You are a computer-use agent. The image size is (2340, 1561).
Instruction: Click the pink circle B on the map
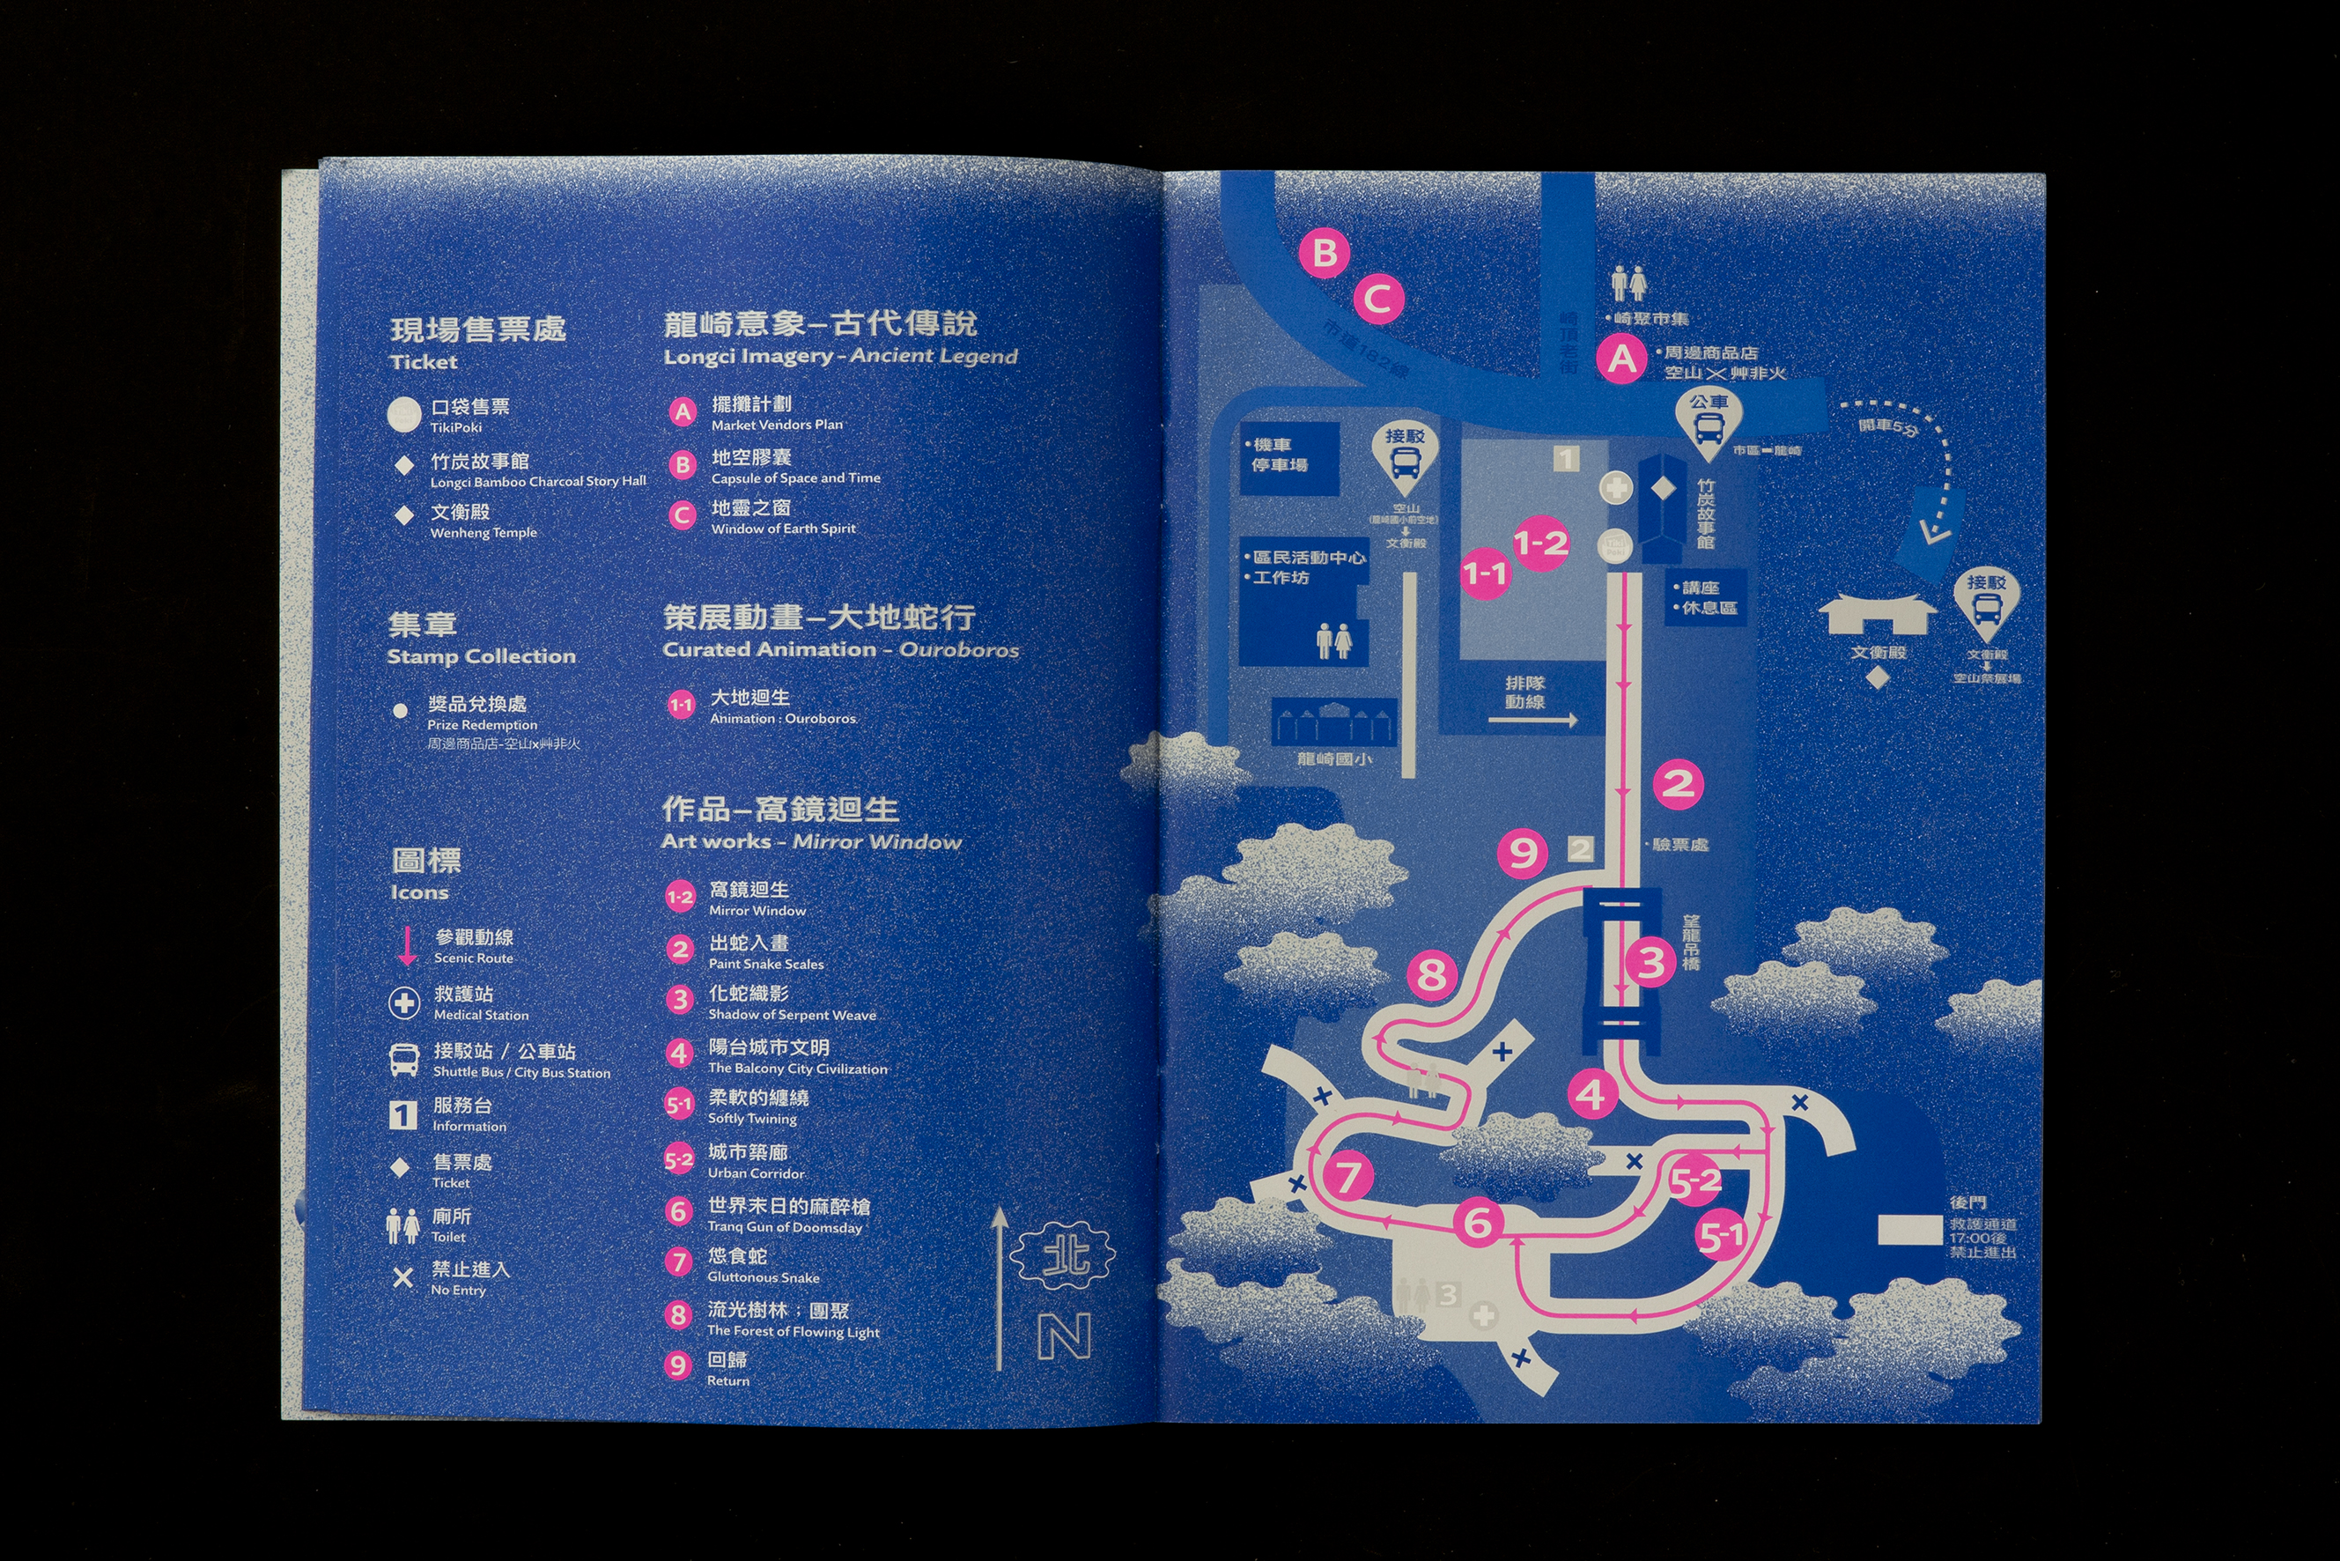[1325, 253]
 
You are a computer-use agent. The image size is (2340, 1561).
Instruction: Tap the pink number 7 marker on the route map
[1347, 1176]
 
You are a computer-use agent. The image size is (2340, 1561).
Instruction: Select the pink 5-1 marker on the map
[1721, 1237]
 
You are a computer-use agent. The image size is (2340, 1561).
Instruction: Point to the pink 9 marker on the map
[1523, 852]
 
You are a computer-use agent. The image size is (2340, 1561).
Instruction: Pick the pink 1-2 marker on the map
[1540, 543]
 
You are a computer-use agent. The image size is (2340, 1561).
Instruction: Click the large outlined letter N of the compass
[1064, 1336]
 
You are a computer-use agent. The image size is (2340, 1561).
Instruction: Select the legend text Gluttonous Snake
[764, 1277]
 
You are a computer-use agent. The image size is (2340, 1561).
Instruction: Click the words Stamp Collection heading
[481, 656]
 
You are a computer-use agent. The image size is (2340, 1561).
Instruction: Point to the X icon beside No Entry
[403, 1277]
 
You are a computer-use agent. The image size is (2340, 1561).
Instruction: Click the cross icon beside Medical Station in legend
[404, 1003]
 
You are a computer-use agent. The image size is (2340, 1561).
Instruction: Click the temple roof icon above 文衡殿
[1877, 613]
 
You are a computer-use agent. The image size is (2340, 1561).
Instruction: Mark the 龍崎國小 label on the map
[1333, 758]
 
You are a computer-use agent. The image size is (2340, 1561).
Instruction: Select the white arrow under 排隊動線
[1532, 720]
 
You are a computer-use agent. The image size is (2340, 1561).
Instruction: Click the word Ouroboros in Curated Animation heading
[959, 650]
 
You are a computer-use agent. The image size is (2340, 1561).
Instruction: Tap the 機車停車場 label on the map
[1280, 455]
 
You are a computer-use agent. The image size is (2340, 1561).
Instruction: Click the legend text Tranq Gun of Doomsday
[785, 1227]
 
